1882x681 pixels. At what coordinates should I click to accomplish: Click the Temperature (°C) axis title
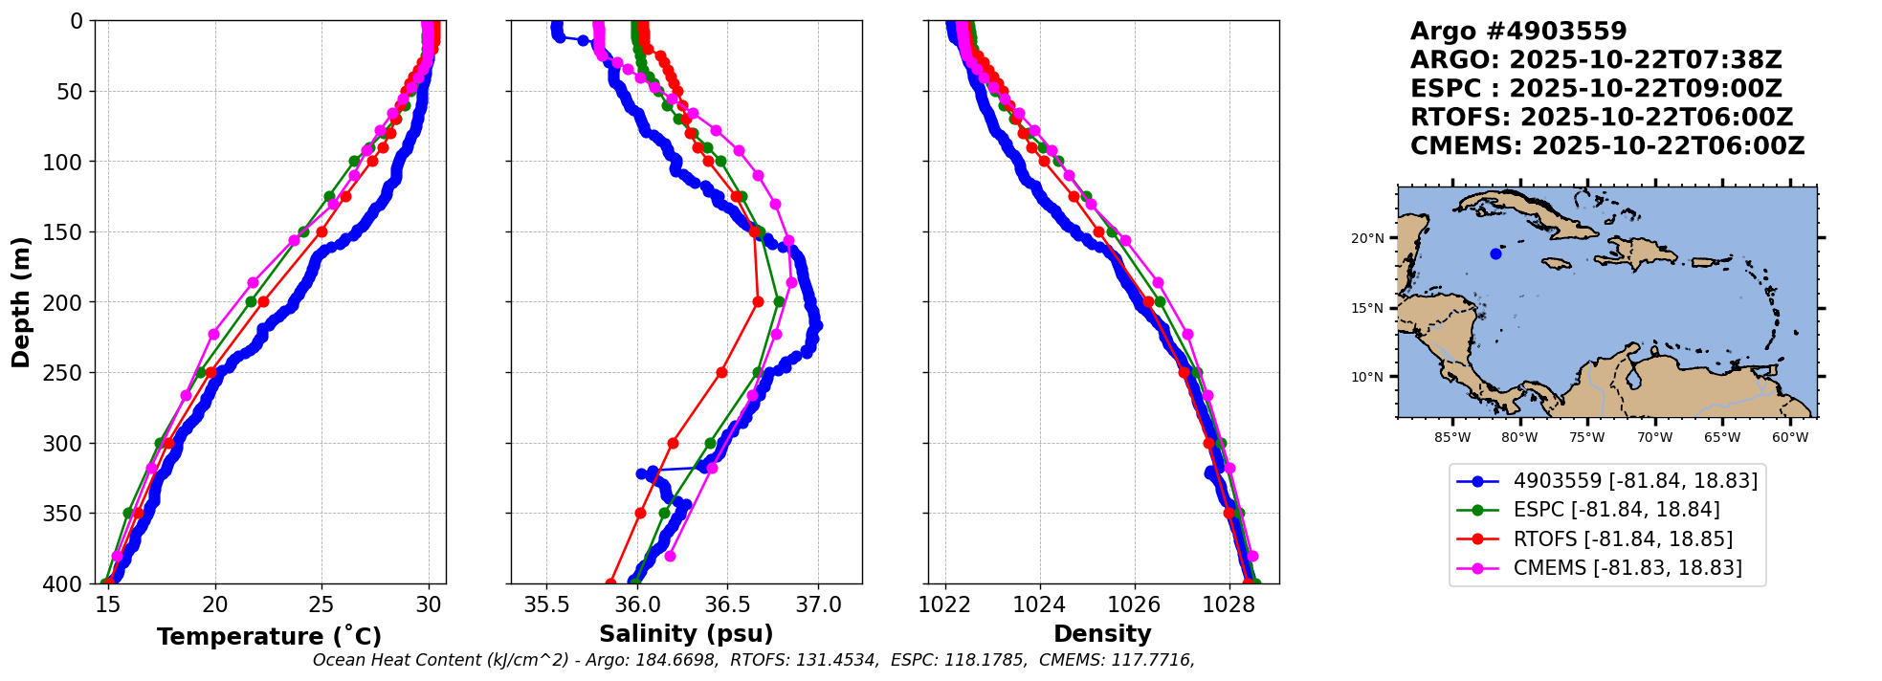(269, 636)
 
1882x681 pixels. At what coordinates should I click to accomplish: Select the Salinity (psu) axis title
(686, 634)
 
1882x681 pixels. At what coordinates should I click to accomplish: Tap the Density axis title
(1102, 634)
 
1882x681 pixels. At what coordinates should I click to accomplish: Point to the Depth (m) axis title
(21, 301)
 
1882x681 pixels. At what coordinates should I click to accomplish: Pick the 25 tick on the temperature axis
(321, 604)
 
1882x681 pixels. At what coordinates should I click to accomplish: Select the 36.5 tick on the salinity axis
(726, 604)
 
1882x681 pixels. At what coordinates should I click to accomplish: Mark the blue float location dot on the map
(1495, 253)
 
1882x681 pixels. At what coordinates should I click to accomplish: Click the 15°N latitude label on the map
(1367, 308)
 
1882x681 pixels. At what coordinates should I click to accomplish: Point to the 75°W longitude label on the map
(1586, 438)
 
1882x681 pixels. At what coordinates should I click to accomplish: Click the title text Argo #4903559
(1517, 32)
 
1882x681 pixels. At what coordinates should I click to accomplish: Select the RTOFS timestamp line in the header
(1601, 118)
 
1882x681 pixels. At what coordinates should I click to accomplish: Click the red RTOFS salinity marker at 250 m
(721, 372)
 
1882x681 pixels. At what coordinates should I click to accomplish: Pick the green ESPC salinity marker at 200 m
(779, 301)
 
